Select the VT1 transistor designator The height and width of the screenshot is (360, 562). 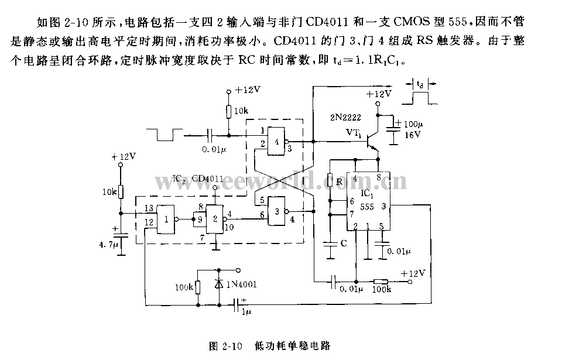[x=352, y=133]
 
